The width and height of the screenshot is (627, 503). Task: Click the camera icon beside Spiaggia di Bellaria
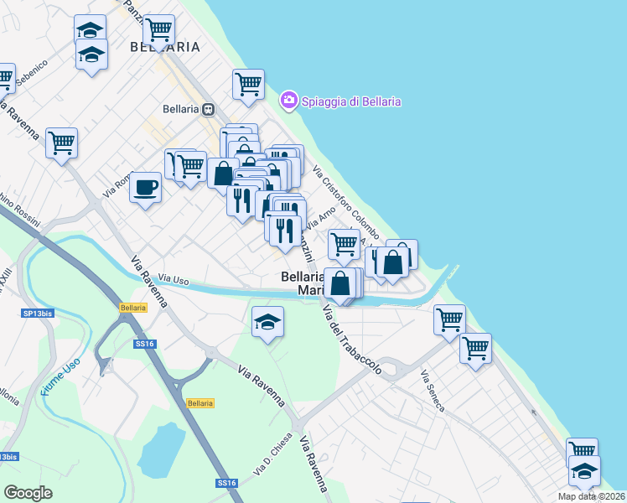[289, 101]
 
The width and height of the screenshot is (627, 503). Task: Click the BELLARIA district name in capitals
[165, 47]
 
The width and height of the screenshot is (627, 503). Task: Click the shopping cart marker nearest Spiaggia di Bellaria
[248, 84]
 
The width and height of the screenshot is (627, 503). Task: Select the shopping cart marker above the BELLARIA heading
[158, 30]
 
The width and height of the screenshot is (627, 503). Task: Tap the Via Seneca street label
[433, 390]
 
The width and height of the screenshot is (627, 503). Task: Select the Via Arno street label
[320, 219]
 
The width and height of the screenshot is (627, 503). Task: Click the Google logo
[28, 492]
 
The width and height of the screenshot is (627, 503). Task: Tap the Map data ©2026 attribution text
[591, 496]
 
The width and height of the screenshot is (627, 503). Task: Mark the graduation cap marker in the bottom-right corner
[584, 470]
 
